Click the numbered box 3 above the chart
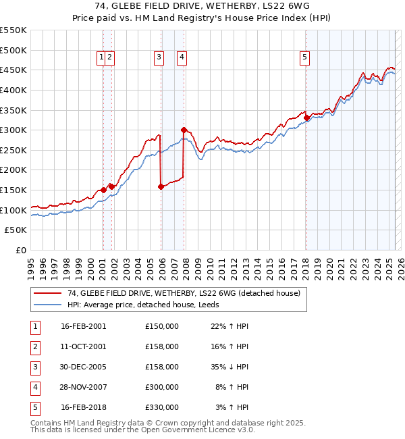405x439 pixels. click(x=159, y=58)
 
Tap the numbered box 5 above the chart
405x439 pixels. click(x=305, y=58)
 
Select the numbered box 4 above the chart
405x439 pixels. click(x=182, y=58)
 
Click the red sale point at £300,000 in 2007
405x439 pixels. click(x=184, y=130)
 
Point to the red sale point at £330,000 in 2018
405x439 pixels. click(x=306, y=118)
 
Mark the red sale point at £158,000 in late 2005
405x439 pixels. click(x=161, y=187)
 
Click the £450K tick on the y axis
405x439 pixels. click(x=13, y=70)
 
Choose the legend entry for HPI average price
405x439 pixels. click(x=144, y=305)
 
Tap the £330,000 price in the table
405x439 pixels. click(x=162, y=407)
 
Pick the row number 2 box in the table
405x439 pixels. click(x=34, y=346)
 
